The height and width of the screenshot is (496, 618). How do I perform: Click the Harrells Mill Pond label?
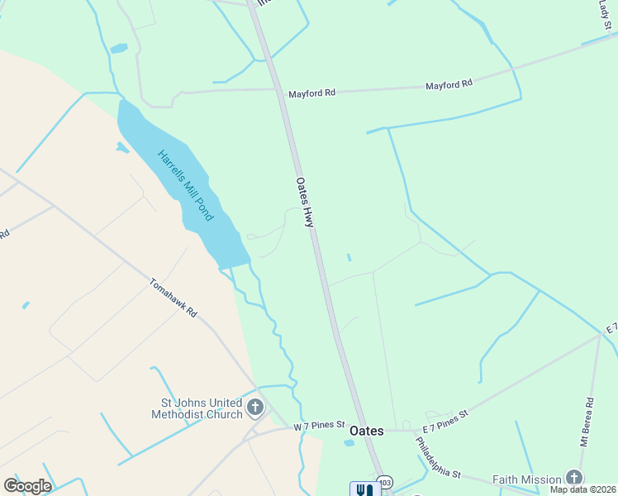point(186,185)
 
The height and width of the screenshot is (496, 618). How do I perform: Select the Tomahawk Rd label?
point(174,298)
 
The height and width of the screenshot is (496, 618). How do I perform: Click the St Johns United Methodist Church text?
point(196,409)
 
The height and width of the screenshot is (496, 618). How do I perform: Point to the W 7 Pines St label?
point(318,425)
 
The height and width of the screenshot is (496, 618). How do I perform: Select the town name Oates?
point(367,431)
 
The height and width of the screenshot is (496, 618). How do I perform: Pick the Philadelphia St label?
point(438,456)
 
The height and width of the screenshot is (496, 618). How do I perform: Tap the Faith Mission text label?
point(527,479)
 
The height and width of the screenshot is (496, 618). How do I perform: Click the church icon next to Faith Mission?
point(574,478)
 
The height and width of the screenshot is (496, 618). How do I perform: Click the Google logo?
point(27,485)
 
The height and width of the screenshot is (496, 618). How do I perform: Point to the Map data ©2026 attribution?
point(582,489)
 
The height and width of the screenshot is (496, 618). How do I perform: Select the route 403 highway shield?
point(384,482)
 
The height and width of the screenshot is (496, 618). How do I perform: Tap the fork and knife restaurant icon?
point(362,489)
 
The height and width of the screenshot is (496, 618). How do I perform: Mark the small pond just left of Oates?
point(349,443)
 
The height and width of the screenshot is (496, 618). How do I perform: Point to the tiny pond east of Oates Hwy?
point(349,258)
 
